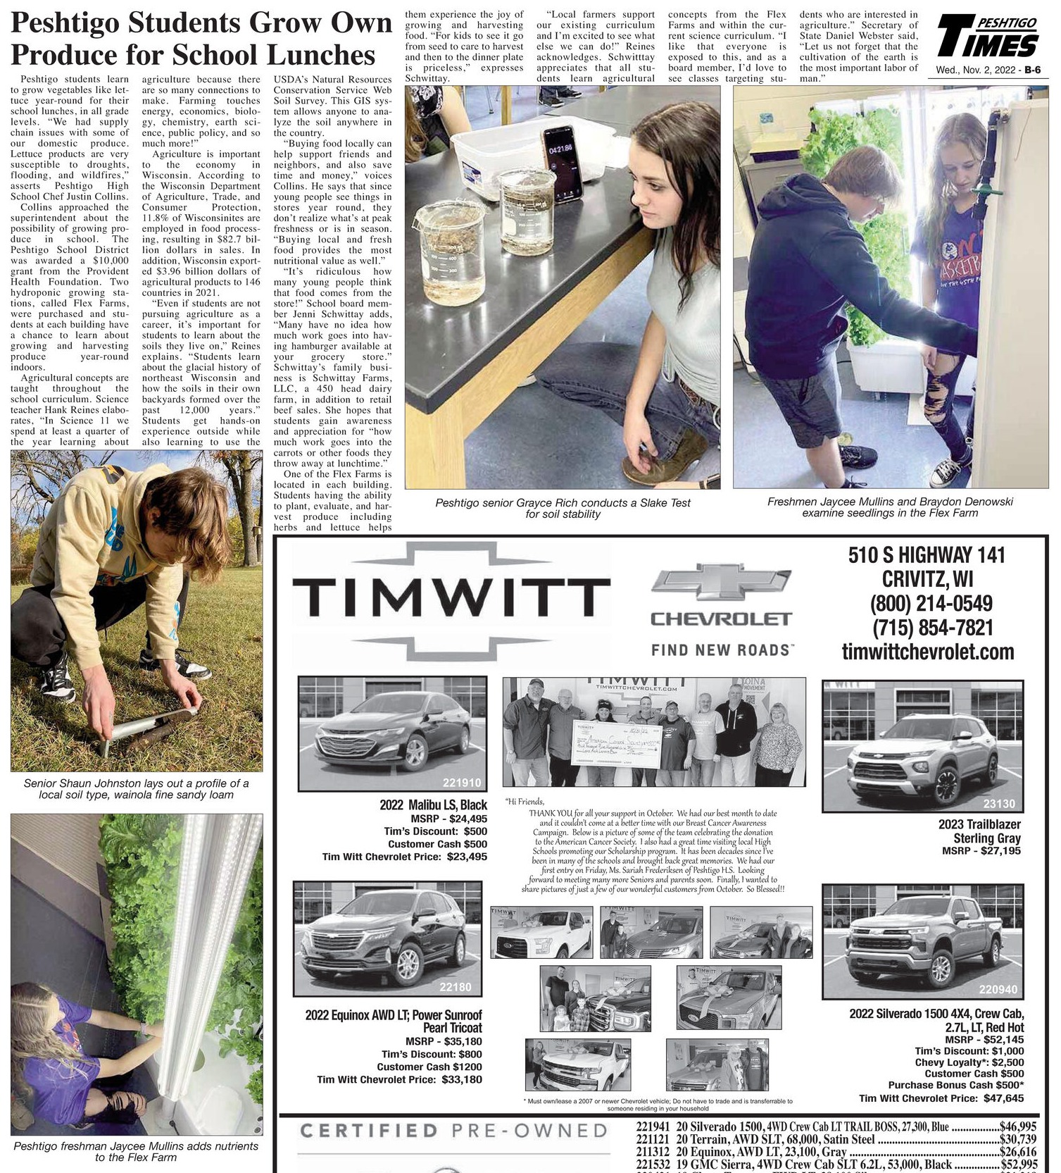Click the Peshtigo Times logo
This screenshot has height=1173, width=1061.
tap(987, 39)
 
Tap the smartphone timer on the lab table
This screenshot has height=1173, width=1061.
tap(561, 163)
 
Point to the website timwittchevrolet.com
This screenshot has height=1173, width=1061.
tap(928, 652)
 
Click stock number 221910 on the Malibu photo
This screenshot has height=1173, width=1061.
tap(461, 782)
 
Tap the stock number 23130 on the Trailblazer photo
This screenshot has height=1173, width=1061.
tap(999, 803)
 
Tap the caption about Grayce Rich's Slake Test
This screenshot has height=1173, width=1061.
tap(563, 508)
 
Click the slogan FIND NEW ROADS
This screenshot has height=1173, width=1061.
tap(722, 650)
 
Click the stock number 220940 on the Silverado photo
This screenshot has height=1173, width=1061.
tap(998, 989)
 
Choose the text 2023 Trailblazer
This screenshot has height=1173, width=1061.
tap(979, 824)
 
